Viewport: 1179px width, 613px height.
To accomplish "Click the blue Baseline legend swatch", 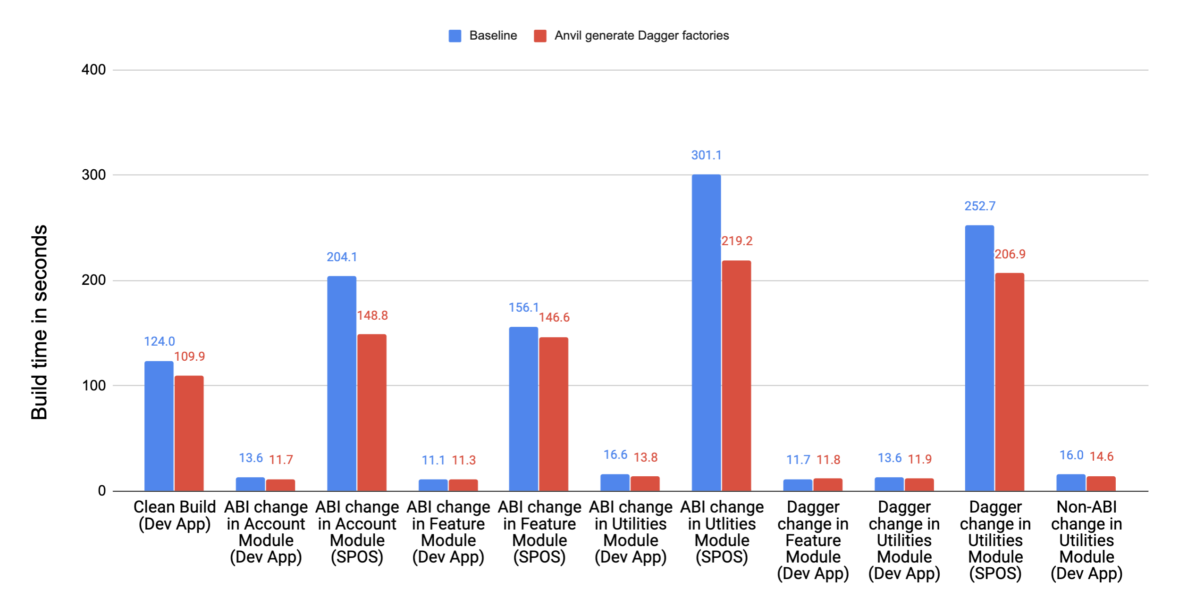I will point(455,36).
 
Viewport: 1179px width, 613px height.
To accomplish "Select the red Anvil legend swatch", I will point(539,36).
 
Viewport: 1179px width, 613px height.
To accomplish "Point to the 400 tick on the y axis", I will point(93,70).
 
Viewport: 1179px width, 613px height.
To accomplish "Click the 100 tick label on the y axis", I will point(93,385).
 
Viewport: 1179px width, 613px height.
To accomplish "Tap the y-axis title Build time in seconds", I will point(39,322).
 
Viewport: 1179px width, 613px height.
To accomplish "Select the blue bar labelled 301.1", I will point(706,332).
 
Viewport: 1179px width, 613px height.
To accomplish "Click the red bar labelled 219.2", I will point(736,375).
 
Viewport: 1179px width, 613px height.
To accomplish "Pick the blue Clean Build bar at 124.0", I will point(159,426).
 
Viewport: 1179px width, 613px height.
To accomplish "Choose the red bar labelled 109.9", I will point(189,433).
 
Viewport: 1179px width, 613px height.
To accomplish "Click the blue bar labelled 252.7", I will point(979,358).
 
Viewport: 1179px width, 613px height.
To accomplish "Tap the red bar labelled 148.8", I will point(371,412).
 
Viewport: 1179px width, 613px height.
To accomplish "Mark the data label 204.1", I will point(342,257).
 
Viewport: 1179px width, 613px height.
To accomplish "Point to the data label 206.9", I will point(1010,254).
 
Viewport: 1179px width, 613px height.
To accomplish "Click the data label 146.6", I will point(554,317).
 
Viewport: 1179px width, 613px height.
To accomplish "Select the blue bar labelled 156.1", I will point(523,408).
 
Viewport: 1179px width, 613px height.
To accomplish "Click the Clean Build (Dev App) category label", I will point(174,515).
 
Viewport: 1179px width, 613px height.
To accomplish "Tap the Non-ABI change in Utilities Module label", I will point(1086,540).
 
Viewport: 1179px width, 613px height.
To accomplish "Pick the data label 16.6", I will point(615,455).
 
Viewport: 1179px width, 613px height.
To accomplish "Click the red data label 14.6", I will point(1101,456).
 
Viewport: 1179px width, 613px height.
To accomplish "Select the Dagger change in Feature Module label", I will point(813,540).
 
